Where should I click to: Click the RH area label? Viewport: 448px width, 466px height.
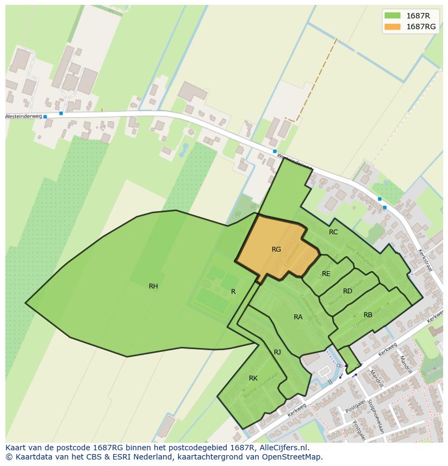pyautogui.click(x=153, y=286)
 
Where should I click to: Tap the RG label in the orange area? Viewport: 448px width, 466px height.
pyautogui.click(x=276, y=250)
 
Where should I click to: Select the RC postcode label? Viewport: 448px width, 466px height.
pyautogui.click(x=333, y=232)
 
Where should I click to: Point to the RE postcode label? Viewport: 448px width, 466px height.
pyautogui.click(x=326, y=274)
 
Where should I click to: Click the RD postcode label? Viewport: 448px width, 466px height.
pyautogui.click(x=347, y=291)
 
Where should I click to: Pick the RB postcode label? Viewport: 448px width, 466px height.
pyautogui.click(x=368, y=315)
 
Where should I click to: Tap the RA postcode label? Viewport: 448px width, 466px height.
pyautogui.click(x=298, y=317)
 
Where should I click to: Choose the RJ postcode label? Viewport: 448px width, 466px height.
pyautogui.click(x=277, y=352)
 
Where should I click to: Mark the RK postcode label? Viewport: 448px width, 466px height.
pyautogui.click(x=253, y=378)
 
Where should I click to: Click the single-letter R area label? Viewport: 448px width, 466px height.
pyautogui.click(x=233, y=292)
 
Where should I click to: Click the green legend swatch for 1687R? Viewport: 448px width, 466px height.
pyautogui.click(x=392, y=16)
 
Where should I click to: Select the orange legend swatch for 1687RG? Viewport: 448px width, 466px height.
pyautogui.click(x=392, y=27)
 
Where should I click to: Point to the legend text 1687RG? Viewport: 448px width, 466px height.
pyautogui.click(x=420, y=27)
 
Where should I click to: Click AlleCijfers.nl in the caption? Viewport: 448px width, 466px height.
pyautogui.click(x=282, y=448)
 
